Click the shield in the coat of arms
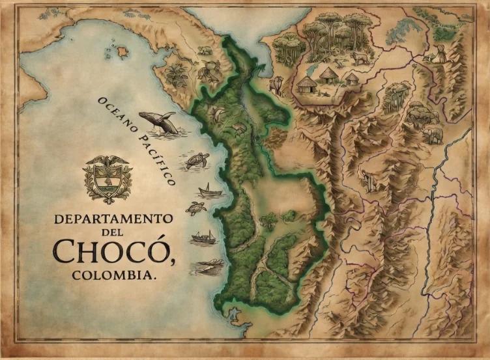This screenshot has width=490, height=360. (108, 179)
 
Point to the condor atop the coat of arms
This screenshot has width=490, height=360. (108, 161)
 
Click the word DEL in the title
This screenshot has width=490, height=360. (111, 233)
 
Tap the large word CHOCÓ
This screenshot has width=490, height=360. (111, 253)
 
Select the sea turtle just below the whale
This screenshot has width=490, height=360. (197, 159)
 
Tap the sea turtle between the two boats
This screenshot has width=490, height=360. (195, 208)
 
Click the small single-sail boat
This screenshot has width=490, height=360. (209, 190)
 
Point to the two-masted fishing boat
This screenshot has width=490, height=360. (203, 236)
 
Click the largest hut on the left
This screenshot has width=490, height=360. (306, 85)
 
